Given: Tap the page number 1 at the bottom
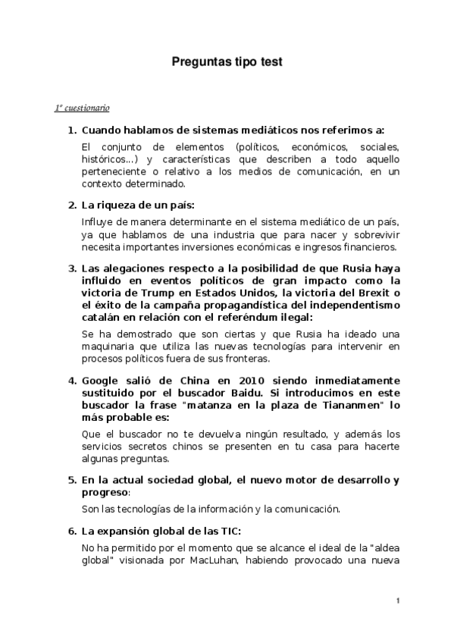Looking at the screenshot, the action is coord(398,601).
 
